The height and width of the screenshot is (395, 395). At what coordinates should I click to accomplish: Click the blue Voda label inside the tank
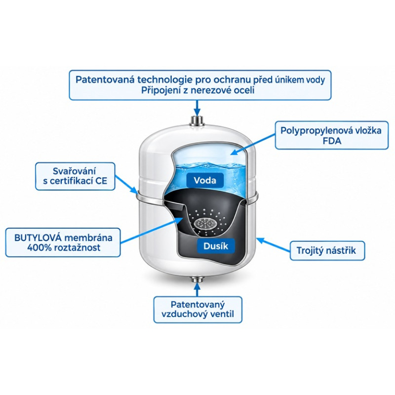pos(205,180)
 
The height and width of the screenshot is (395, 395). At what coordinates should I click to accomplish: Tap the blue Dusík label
pos(216,246)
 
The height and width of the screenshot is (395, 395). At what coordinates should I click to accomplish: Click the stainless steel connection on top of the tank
pos(197,121)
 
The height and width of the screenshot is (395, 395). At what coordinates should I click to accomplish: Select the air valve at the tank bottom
pos(197,279)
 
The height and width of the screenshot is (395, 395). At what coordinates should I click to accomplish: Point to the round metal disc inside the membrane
pos(204,223)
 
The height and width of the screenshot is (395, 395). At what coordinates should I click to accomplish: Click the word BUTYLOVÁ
pos(38,237)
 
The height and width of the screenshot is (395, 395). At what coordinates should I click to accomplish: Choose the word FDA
pos(332,141)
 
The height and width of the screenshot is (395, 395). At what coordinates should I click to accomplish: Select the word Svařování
pos(75,171)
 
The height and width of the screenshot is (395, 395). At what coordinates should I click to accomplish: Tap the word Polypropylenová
pos(316,131)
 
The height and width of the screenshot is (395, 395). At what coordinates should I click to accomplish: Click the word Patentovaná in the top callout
pos(105,79)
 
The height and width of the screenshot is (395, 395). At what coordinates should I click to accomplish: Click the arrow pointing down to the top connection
pos(197,108)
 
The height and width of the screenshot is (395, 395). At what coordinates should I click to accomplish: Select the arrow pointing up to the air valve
pos(197,289)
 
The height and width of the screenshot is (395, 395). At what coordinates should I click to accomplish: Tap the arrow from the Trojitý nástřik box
pos(274,244)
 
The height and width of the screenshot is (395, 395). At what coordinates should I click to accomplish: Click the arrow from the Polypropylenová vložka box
pos(253,144)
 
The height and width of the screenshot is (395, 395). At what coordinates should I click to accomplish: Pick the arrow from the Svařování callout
pos(126,184)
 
